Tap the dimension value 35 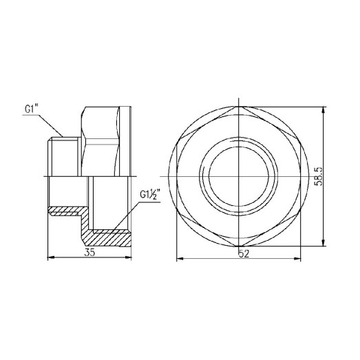(89, 252)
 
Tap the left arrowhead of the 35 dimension (49, 258)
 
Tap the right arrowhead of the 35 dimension (131, 258)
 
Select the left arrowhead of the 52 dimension (178, 260)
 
